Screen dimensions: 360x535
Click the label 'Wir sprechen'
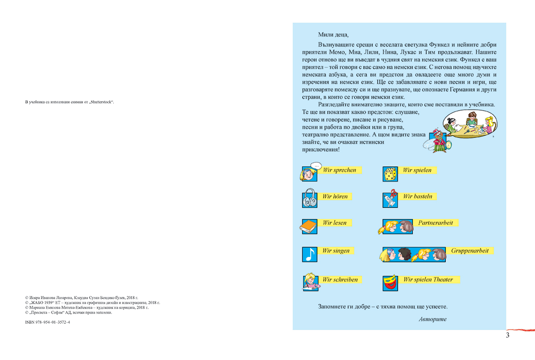click(339, 170)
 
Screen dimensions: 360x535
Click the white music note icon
click(309, 254)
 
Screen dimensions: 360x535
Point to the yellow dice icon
click(390, 174)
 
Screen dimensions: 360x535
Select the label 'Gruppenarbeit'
click(469, 251)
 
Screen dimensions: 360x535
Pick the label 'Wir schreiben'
click(340, 280)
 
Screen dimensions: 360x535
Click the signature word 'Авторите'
click(432, 319)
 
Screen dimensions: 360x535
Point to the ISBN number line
click(48, 322)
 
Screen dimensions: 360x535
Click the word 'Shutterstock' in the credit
click(101, 102)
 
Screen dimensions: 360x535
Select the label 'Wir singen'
click(336, 251)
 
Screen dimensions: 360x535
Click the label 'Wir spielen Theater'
click(428, 280)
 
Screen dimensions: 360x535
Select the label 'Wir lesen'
click(334, 223)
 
